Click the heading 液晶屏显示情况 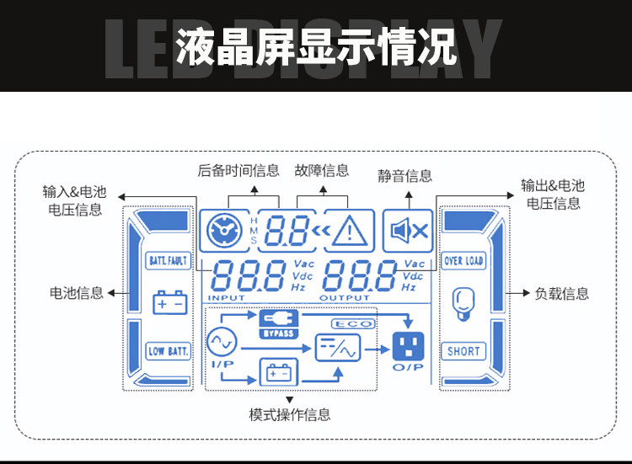pyautogui.click(x=316, y=48)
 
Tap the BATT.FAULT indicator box pyautogui.click(x=169, y=261)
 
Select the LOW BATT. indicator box pyautogui.click(x=169, y=351)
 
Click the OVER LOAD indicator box pyautogui.click(x=463, y=261)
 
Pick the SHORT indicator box pyautogui.click(x=463, y=351)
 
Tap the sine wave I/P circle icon pyautogui.click(x=223, y=342)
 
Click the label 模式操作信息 pyautogui.click(x=290, y=414)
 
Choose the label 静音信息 pyautogui.click(x=405, y=176)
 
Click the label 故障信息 pyautogui.click(x=322, y=171)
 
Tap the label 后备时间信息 pyautogui.click(x=238, y=171)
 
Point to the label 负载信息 pyautogui.click(x=562, y=294)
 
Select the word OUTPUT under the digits pyautogui.click(x=344, y=298)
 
